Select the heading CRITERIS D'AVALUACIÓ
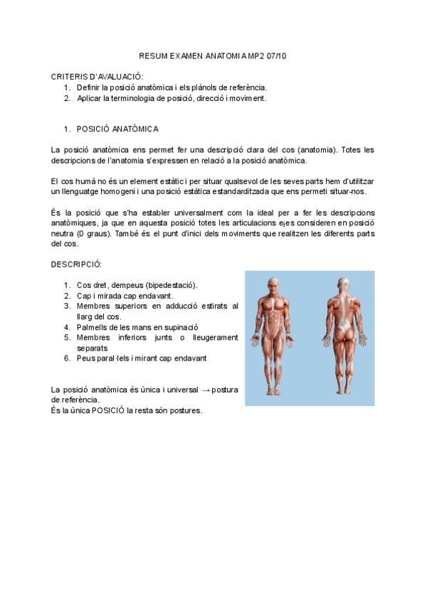(97, 76)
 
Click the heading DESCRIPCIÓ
(76, 265)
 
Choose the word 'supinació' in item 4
(178, 327)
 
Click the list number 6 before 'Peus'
(66, 358)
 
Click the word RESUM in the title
(152, 55)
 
